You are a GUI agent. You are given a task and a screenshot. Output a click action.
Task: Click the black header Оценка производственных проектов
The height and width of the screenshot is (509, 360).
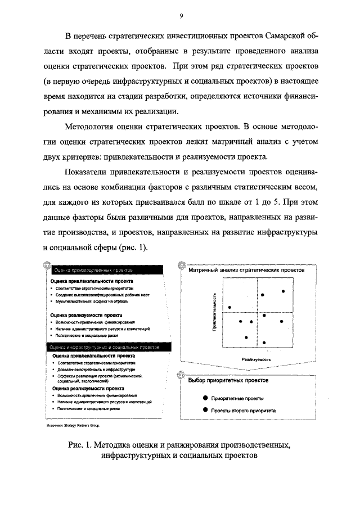(89, 270)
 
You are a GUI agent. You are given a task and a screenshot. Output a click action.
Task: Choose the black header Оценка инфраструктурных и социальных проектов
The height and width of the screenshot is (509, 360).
(101, 348)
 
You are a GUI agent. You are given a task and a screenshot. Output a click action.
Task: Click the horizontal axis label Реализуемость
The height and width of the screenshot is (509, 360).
(256, 359)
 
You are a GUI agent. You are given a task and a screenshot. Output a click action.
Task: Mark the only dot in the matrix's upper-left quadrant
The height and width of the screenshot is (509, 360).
(229, 307)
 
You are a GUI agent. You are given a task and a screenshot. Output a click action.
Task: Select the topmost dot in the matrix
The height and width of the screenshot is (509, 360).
(283, 291)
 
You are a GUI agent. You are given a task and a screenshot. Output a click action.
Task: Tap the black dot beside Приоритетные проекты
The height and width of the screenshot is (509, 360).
(205, 398)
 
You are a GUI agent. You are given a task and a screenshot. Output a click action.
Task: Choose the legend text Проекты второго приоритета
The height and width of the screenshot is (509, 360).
(243, 411)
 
